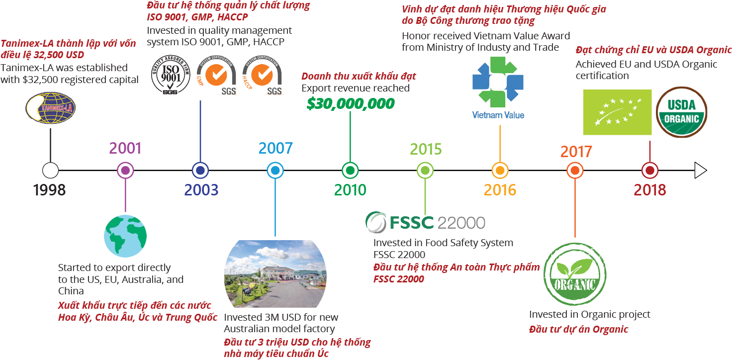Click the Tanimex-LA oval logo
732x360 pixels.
[x=50, y=110]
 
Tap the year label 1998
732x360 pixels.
[x=49, y=190]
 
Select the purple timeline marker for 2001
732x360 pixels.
[x=125, y=171]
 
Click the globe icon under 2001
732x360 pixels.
[x=125, y=236]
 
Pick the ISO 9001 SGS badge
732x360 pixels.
[x=171, y=75]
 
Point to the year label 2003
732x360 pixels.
[x=201, y=190]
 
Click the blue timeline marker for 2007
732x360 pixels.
[x=275, y=171]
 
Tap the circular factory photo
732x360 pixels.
[x=275, y=274]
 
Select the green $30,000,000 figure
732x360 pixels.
[x=351, y=103]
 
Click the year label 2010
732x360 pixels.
[x=350, y=190]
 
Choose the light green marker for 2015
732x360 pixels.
[x=425, y=171]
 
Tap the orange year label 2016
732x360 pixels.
[x=500, y=190]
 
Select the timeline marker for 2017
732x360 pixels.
[x=575, y=171]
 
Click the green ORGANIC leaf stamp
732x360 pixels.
[x=575, y=274]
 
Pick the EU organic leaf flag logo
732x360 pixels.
[x=617, y=112]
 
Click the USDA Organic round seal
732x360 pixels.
[x=682, y=112]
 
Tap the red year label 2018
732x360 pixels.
[x=649, y=190]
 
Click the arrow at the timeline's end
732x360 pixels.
[x=701, y=171]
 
